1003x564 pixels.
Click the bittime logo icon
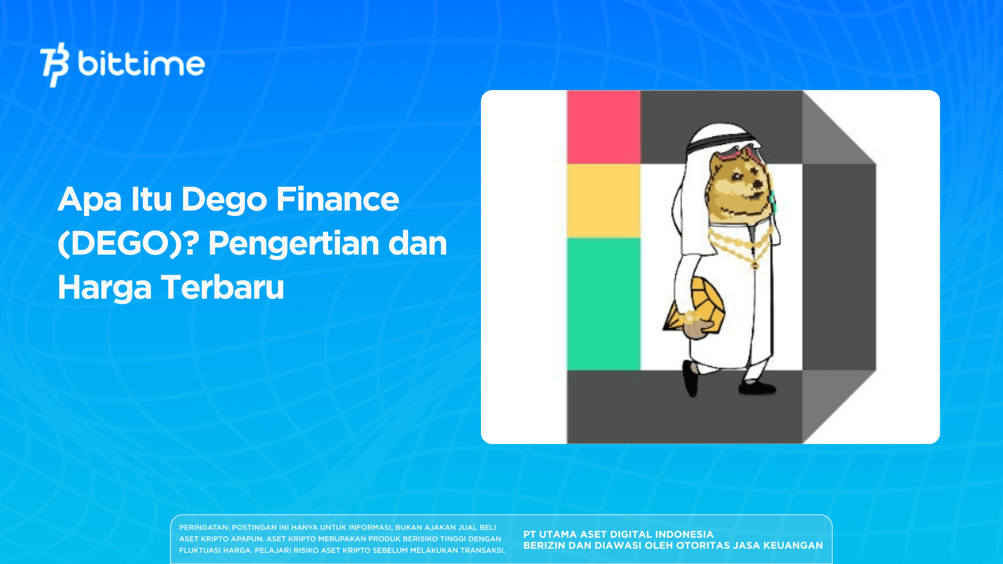[x=54, y=64]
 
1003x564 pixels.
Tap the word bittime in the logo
[x=141, y=64]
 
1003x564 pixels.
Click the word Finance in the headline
[x=337, y=199]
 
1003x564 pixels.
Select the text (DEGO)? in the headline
[x=128, y=243]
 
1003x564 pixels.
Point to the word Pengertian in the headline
[x=293, y=243]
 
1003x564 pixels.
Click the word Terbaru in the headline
[x=223, y=287]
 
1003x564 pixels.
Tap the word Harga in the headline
[x=105, y=287]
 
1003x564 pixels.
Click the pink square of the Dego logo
[x=603, y=127]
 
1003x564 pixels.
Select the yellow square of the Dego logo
[x=603, y=201]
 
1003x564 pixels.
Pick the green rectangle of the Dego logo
[x=603, y=304]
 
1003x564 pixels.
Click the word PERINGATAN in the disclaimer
[x=204, y=528]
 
